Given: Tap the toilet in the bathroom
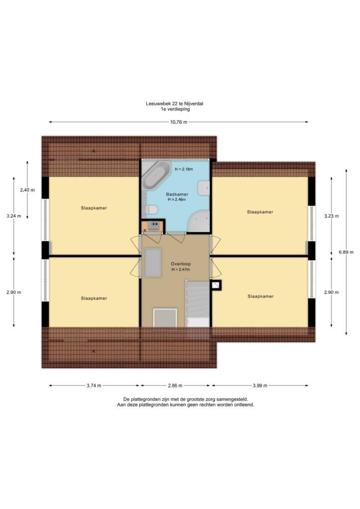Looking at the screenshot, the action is (x=152, y=210).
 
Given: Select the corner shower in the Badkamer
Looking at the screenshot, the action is (x=199, y=221).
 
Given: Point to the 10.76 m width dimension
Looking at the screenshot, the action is (x=179, y=122).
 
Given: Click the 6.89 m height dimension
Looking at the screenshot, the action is (x=347, y=252).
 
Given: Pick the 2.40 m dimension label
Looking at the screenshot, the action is (x=27, y=190).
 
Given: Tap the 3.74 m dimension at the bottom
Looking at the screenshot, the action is (x=94, y=386).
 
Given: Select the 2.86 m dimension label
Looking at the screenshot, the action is (x=175, y=386).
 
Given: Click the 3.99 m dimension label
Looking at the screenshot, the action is (x=260, y=386).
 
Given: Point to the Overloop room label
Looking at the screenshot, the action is (x=181, y=264).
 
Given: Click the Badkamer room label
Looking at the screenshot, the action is (x=177, y=194).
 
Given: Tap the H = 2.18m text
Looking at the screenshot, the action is (x=184, y=169).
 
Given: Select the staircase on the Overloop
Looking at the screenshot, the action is (x=198, y=304).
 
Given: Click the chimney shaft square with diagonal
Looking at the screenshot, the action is (x=216, y=285).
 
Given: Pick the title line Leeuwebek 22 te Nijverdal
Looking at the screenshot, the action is (x=175, y=103).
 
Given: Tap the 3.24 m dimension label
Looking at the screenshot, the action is (x=13, y=216).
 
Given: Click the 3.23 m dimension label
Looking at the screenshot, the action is (x=332, y=216).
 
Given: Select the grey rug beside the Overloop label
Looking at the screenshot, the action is (x=153, y=262).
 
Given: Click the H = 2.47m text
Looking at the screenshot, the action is (x=181, y=269).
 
